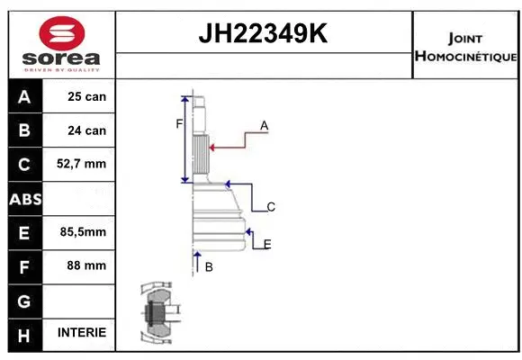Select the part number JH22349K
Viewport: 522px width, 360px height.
click(263, 34)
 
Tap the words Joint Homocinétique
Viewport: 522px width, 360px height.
click(465, 48)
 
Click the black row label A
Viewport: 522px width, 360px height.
click(24, 97)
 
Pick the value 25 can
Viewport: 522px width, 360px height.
click(86, 97)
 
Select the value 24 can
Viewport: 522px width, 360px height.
click(86, 130)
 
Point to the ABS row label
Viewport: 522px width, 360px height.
click(24, 199)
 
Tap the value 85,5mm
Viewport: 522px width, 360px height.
click(83, 232)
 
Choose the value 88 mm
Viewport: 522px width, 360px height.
click(86, 265)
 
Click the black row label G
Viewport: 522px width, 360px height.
click(24, 300)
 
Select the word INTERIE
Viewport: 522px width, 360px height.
click(81, 333)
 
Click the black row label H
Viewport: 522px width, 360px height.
click(24, 333)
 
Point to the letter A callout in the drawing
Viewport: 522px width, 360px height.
click(265, 126)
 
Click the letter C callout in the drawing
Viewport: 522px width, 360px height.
click(270, 207)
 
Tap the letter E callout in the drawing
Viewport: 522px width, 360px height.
click(267, 244)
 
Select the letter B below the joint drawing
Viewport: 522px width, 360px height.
click(209, 266)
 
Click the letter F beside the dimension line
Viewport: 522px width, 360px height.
click(178, 123)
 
